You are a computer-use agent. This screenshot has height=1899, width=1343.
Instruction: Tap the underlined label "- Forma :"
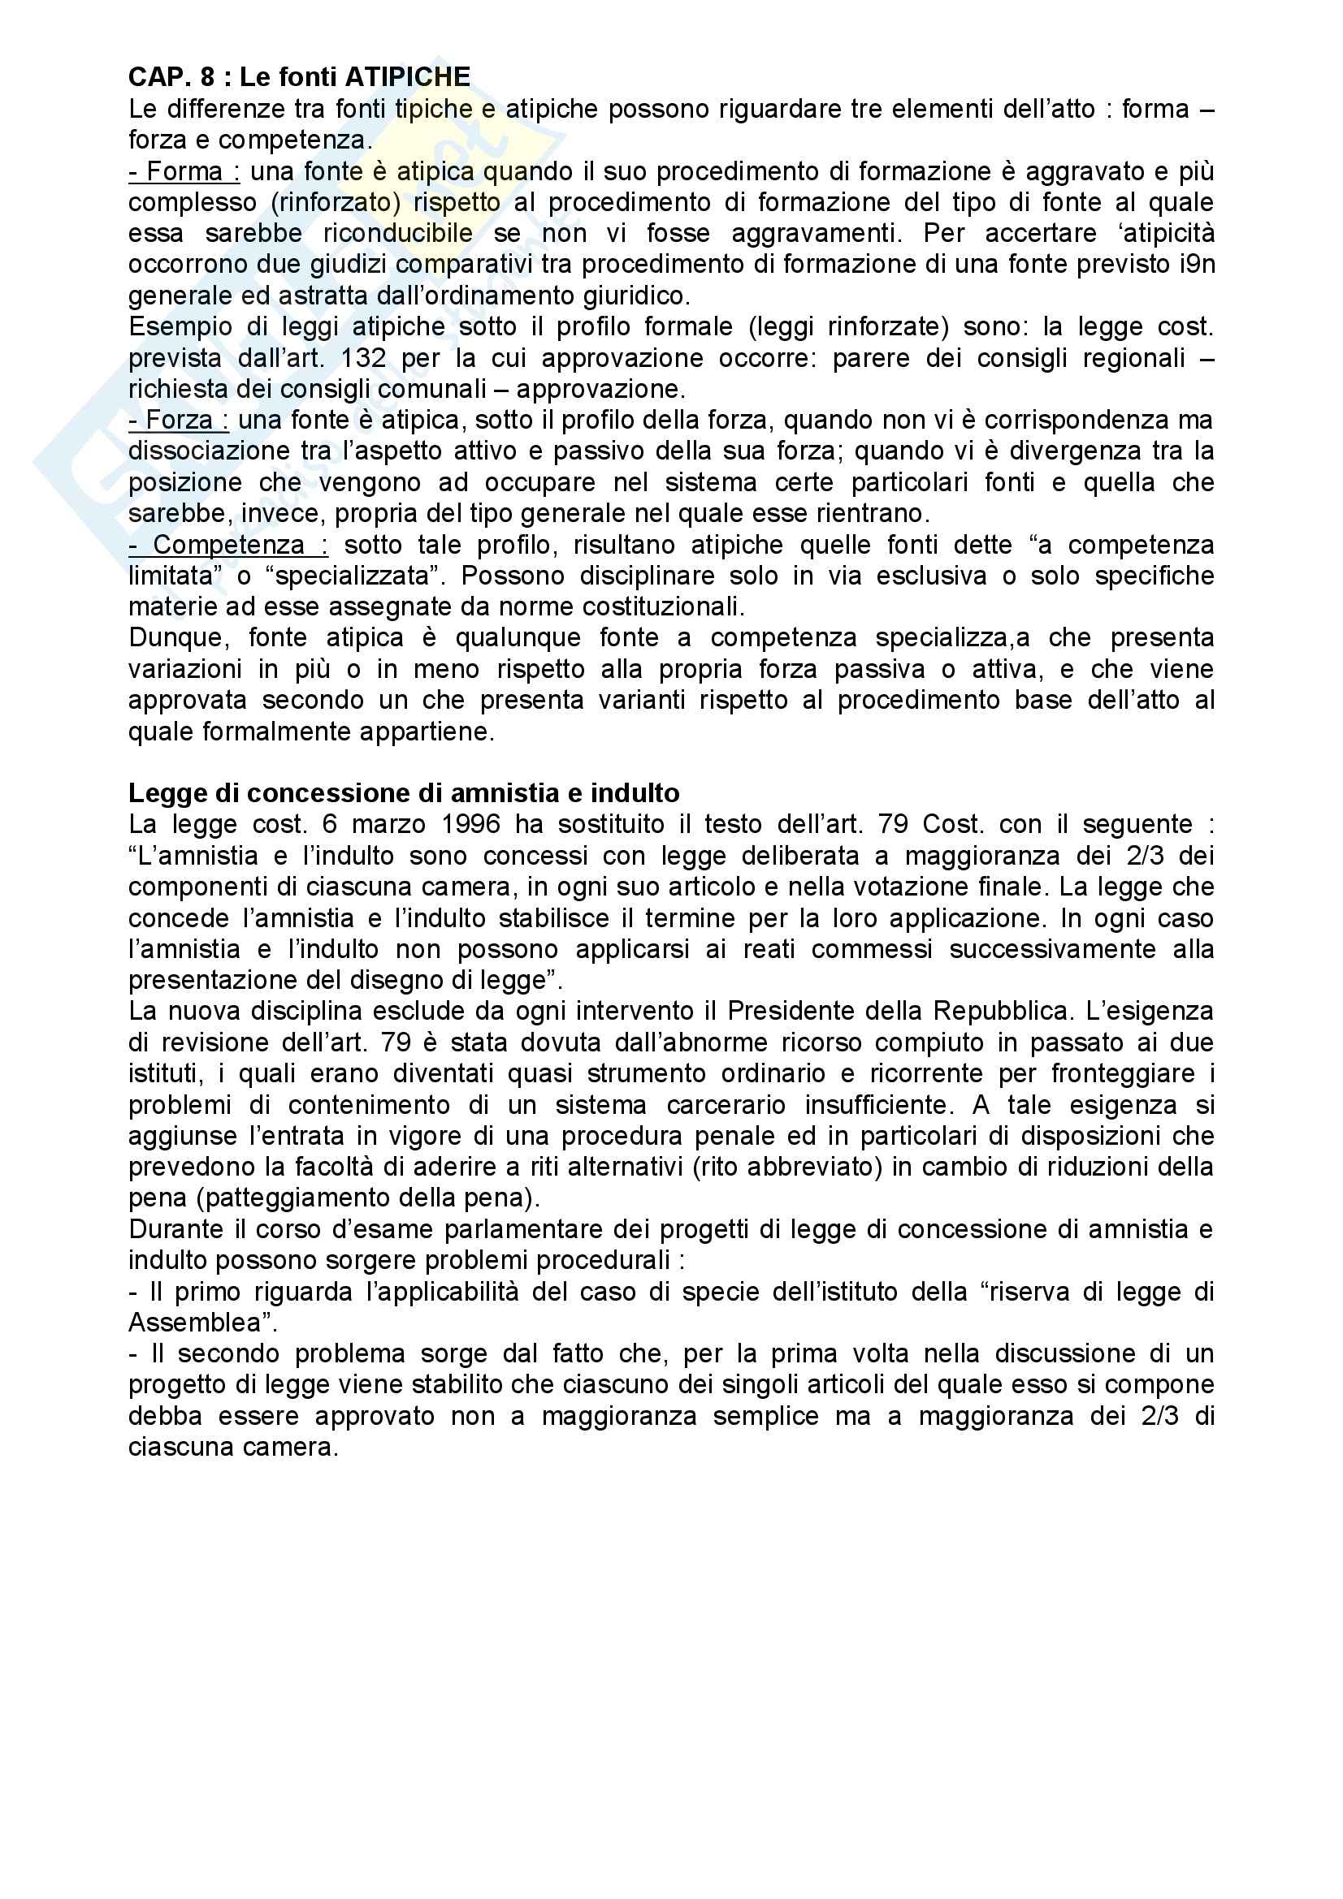pos(184,171)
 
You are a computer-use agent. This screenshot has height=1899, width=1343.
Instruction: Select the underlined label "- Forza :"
pos(178,421)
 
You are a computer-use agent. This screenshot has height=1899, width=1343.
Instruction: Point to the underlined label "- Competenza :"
pos(227,545)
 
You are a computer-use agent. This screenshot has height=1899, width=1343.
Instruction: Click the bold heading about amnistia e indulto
pos(404,793)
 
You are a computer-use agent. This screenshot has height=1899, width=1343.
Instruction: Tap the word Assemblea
pos(196,1323)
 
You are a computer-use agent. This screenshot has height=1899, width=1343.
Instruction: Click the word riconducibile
pos(398,233)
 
